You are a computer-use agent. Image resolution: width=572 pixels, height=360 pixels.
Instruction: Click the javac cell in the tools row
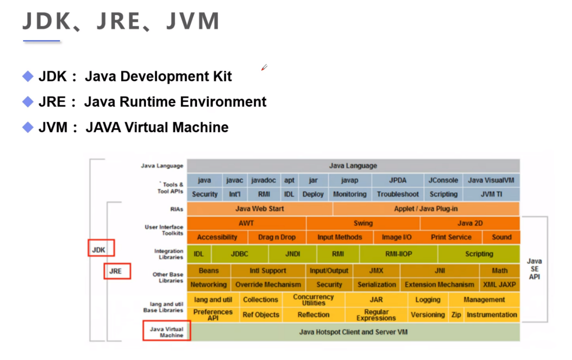click(234, 180)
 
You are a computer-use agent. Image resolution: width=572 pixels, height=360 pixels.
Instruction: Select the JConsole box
click(443, 180)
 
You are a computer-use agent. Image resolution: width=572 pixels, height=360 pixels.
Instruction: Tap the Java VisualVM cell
click(491, 180)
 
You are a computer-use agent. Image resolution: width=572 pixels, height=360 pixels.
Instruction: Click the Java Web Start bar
click(260, 209)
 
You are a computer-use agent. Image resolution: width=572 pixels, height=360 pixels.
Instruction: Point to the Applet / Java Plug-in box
click(426, 209)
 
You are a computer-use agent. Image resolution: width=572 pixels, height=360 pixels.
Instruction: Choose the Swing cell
click(363, 223)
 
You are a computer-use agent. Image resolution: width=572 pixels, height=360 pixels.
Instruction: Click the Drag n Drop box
click(277, 237)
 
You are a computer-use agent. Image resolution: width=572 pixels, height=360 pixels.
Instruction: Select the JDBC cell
click(239, 254)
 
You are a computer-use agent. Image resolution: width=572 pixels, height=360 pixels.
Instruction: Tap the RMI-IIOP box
click(399, 254)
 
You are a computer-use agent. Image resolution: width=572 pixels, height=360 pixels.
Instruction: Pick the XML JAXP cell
click(499, 285)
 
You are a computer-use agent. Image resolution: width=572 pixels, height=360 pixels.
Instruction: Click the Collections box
click(260, 300)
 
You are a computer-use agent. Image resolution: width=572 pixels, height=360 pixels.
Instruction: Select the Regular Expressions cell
click(376, 315)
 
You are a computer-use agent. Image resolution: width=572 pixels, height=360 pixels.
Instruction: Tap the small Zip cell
click(456, 315)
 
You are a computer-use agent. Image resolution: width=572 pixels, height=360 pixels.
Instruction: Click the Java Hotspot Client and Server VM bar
click(353, 332)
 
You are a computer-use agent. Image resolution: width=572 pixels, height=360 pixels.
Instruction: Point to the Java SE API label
click(534, 269)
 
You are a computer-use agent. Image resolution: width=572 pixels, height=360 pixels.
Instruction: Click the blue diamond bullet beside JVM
click(28, 127)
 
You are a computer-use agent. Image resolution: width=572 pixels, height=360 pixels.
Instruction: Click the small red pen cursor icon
click(264, 68)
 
